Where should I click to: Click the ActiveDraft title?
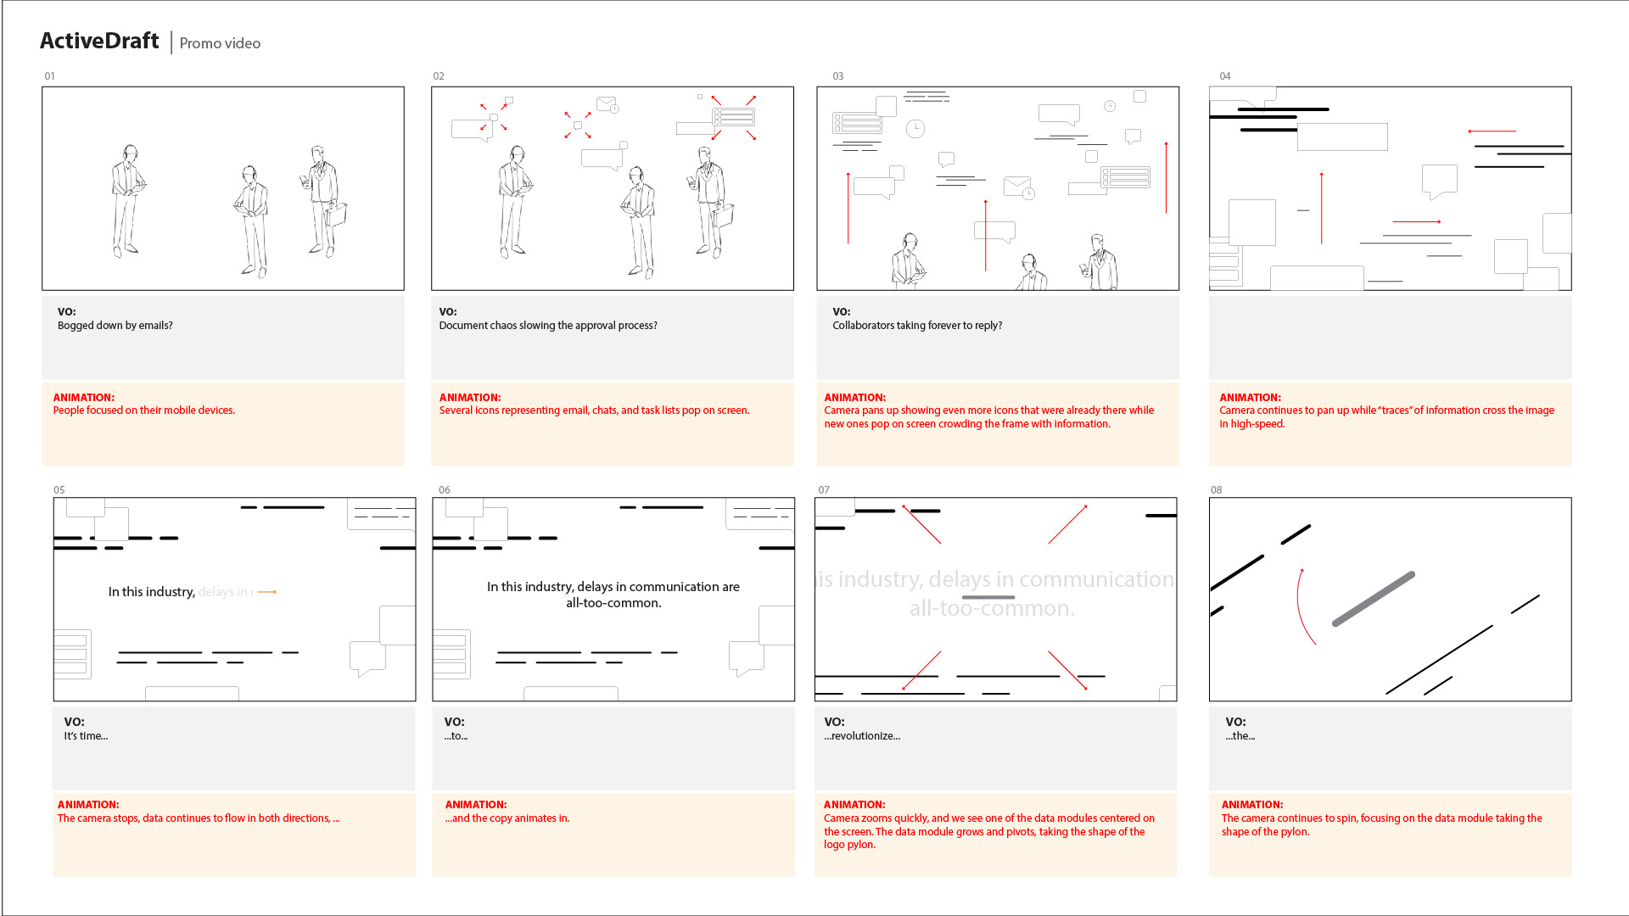click(99, 41)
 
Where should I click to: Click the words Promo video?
click(220, 43)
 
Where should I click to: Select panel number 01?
click(50, 76)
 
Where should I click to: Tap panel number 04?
click(1225, 76)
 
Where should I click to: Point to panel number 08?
click(1217, 490)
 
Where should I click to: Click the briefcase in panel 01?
click(337, 214)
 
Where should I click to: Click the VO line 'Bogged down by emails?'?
click(115, 326)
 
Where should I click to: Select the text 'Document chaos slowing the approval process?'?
click(548, 326)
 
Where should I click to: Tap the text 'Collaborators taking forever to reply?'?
click(917, 326)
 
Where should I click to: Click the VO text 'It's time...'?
click(86, 736)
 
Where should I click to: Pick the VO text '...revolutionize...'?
click(862, 736)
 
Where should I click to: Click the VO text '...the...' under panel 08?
click(1240, 736)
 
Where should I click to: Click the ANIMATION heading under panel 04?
click(1250, 397)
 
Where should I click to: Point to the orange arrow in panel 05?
click(267, 592)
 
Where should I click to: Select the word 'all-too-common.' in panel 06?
click(613, 603)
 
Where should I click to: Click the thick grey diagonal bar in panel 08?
click(1373, 599)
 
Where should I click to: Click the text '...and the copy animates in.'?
click(507, 818)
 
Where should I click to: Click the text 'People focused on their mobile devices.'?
click(144, 411)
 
